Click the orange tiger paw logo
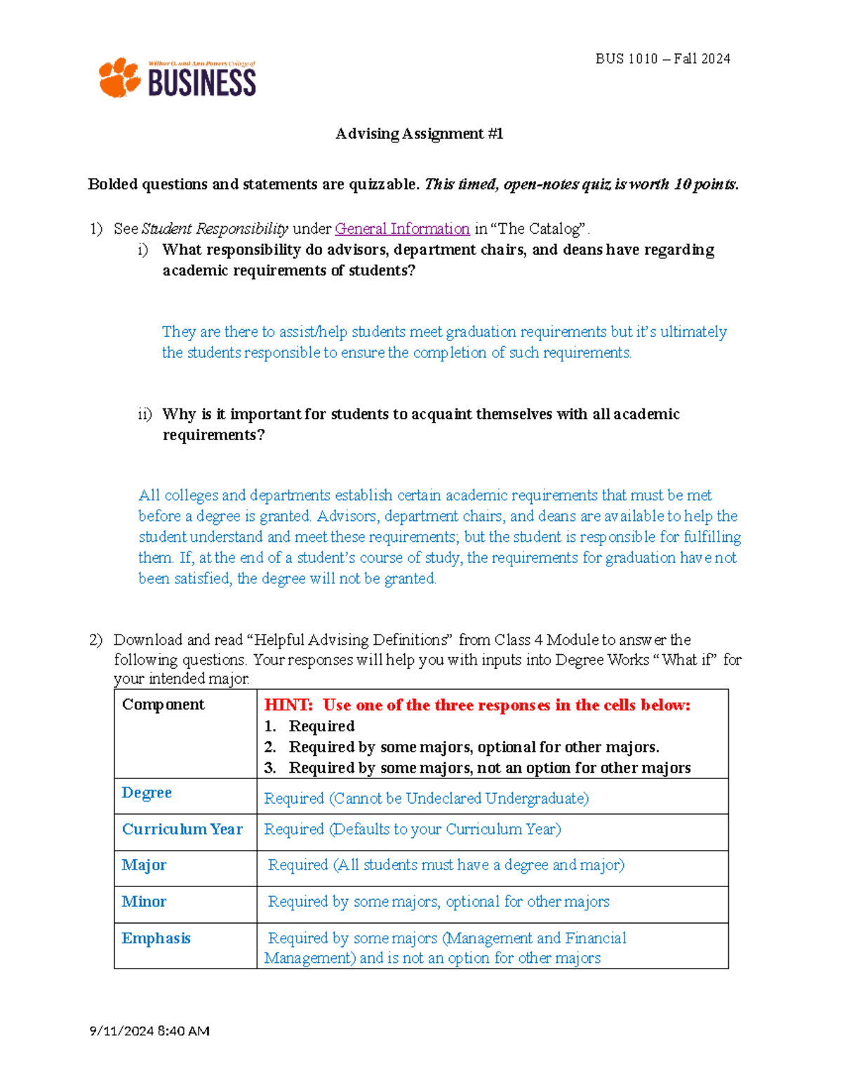[x=119, y=77]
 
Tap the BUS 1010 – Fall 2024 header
[x=662, y=59]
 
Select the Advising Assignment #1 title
[x=419, y=133]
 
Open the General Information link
[x=402, y=229]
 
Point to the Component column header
[x=163, y=705]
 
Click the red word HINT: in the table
[x=288, y=705]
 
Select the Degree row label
[x=147, y=792]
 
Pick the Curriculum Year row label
[x=182, y=829]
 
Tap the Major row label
[x=144, y=865]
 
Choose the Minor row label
[x=144, y=901]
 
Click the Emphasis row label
[x=156, y=938]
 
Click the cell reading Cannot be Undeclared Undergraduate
[x=426, y=798]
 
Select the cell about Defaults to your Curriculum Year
[x=412, y=829]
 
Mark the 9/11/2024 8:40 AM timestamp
[x=149, y=1031]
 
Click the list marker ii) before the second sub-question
[x=145, y=415]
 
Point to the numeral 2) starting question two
[x=95, y=640]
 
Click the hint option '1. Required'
[x=309, y=726]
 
